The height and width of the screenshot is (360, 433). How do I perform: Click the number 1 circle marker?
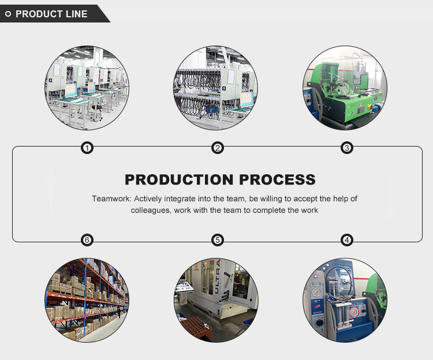(87, 148)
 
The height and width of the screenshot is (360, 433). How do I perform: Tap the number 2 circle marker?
(218, 148)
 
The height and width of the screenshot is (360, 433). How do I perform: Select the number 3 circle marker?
(347, 148)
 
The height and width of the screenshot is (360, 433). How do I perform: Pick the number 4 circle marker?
(347, 240)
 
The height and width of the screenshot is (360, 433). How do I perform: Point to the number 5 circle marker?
(218, 240)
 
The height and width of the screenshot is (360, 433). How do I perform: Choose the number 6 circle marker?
(87, 240)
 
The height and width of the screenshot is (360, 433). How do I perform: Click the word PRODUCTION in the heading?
(179, 179)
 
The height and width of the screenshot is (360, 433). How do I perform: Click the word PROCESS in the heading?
(277, 179)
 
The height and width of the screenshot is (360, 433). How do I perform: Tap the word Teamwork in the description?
(112, 198)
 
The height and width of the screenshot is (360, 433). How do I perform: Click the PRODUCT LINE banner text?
(51, 14)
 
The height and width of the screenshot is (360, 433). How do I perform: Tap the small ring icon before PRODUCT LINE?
(8, 14)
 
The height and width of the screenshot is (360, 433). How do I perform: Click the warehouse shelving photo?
(87, 300)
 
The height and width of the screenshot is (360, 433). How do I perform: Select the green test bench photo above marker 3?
(345, 88)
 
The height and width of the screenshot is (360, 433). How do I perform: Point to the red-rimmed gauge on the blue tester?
(354, 312)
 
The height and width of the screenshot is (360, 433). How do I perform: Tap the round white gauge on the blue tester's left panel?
(317, 292)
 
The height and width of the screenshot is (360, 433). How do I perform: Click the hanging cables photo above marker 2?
(216, 88)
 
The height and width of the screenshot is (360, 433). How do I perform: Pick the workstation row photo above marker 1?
(87, 88)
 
